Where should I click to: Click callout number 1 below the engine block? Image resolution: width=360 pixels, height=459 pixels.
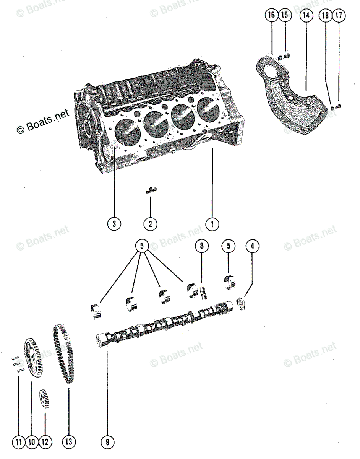212,224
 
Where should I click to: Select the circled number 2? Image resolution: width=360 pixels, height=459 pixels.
150,224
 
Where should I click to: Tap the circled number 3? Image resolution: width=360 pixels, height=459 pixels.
114,224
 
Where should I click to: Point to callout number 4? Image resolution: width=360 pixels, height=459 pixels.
252,246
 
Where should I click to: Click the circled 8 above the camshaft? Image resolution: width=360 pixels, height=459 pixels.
201,246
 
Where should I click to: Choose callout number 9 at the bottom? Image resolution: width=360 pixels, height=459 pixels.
107,443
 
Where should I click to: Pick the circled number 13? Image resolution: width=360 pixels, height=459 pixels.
68,443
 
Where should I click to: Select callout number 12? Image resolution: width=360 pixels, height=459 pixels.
45,443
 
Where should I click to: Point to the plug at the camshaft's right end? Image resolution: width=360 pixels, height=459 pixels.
241,304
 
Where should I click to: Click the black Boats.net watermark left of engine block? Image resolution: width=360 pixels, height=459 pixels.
43,120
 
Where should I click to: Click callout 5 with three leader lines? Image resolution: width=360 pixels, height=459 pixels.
142,246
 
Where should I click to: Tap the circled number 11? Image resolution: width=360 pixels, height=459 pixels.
18,443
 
